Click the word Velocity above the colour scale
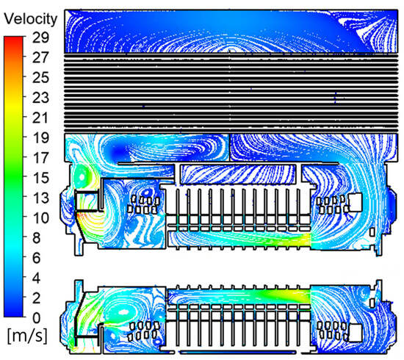point(30,19)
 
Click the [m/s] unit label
point(27,336)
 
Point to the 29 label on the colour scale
point(40,37)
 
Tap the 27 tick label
point(40,57)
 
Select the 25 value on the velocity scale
point(40,77)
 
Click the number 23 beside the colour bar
point(40,98)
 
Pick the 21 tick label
point(40,118)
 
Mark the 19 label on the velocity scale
point(40,137)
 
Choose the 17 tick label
point(40,158)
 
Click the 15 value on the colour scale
point(40,178)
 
